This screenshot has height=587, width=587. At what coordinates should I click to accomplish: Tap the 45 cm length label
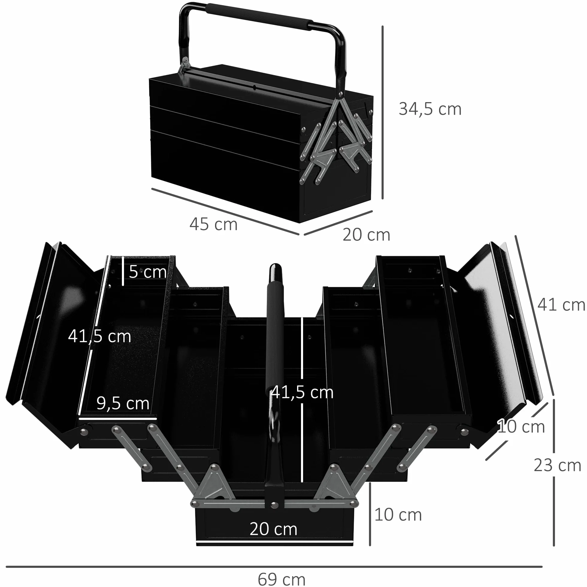coord(213,225)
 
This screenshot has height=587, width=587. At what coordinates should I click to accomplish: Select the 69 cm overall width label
coord(281,579)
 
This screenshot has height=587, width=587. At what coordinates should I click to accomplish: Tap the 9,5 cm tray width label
coord(123,403)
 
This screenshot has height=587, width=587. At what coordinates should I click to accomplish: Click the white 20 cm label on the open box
coord(273,529)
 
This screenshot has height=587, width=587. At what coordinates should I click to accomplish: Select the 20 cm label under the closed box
coord(366,235)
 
